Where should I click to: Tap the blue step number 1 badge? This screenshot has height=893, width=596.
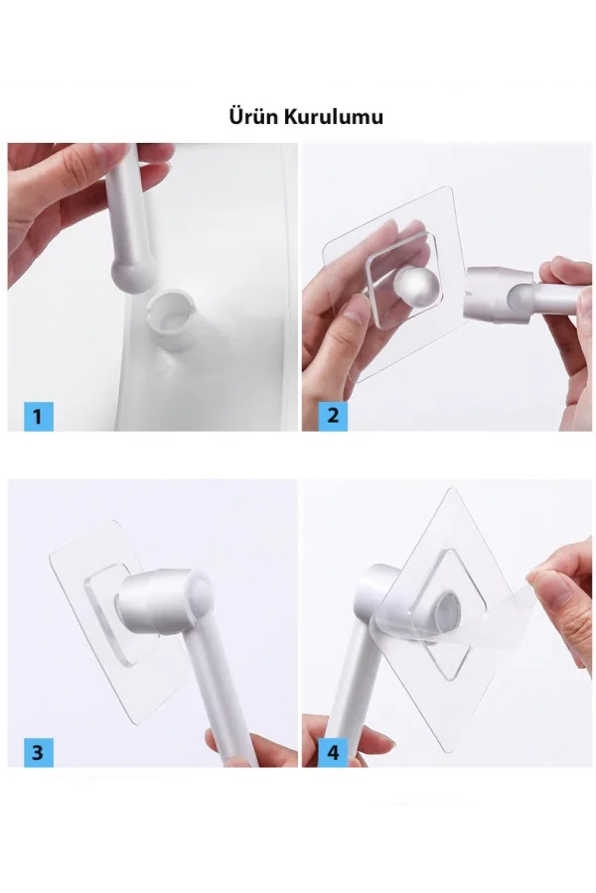tap(38, 417)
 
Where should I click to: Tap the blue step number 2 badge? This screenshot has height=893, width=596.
tap(333, 416)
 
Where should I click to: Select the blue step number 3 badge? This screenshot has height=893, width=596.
tap(38, 752)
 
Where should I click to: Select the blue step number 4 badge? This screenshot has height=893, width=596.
tap(333, 752)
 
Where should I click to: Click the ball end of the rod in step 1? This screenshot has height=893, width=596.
tap(132, 274)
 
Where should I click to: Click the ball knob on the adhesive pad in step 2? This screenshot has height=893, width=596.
tap(417, 288)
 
